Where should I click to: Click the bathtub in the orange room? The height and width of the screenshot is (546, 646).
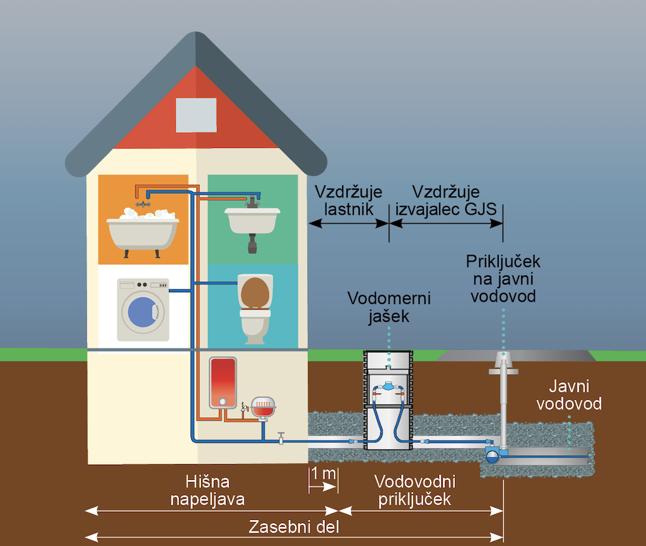tap(143, 232)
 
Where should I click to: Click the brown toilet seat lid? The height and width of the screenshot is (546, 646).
tap(255, 291)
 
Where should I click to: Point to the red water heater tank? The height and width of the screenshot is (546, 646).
tap(223, 382)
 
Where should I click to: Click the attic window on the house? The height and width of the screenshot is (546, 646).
tap(196, 115)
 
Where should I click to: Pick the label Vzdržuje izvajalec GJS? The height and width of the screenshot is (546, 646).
tap(446, 201)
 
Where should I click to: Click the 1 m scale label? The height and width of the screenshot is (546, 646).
tap(323, 473)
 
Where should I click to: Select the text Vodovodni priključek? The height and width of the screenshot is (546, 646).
tap(415, 491)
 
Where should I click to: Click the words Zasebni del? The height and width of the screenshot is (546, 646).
tap(294, 527)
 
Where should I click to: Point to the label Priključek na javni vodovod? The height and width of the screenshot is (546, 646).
tap(503, 278)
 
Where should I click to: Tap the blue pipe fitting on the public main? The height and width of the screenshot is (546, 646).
tap(492, 453)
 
